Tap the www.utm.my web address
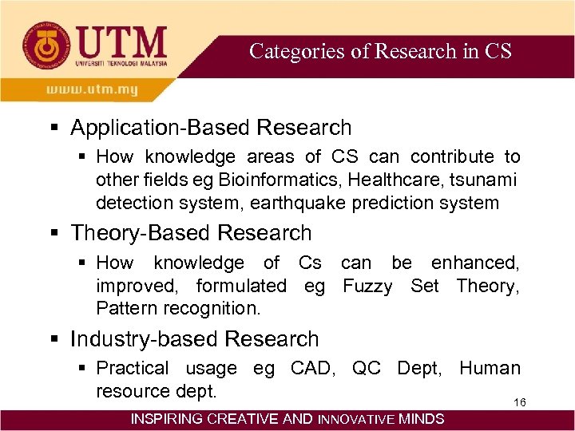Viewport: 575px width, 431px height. point(92,89)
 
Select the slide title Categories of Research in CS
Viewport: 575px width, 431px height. point(380,51)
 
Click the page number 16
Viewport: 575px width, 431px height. point(519,402)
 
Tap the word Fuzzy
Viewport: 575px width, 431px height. point(367,285)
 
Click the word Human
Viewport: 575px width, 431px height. point(490,368)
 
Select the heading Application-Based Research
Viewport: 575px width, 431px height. point(211,128)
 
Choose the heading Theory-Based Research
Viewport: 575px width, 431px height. point(191,233)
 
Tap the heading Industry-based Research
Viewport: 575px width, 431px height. point(194,339)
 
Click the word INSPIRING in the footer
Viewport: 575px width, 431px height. point(166,418)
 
